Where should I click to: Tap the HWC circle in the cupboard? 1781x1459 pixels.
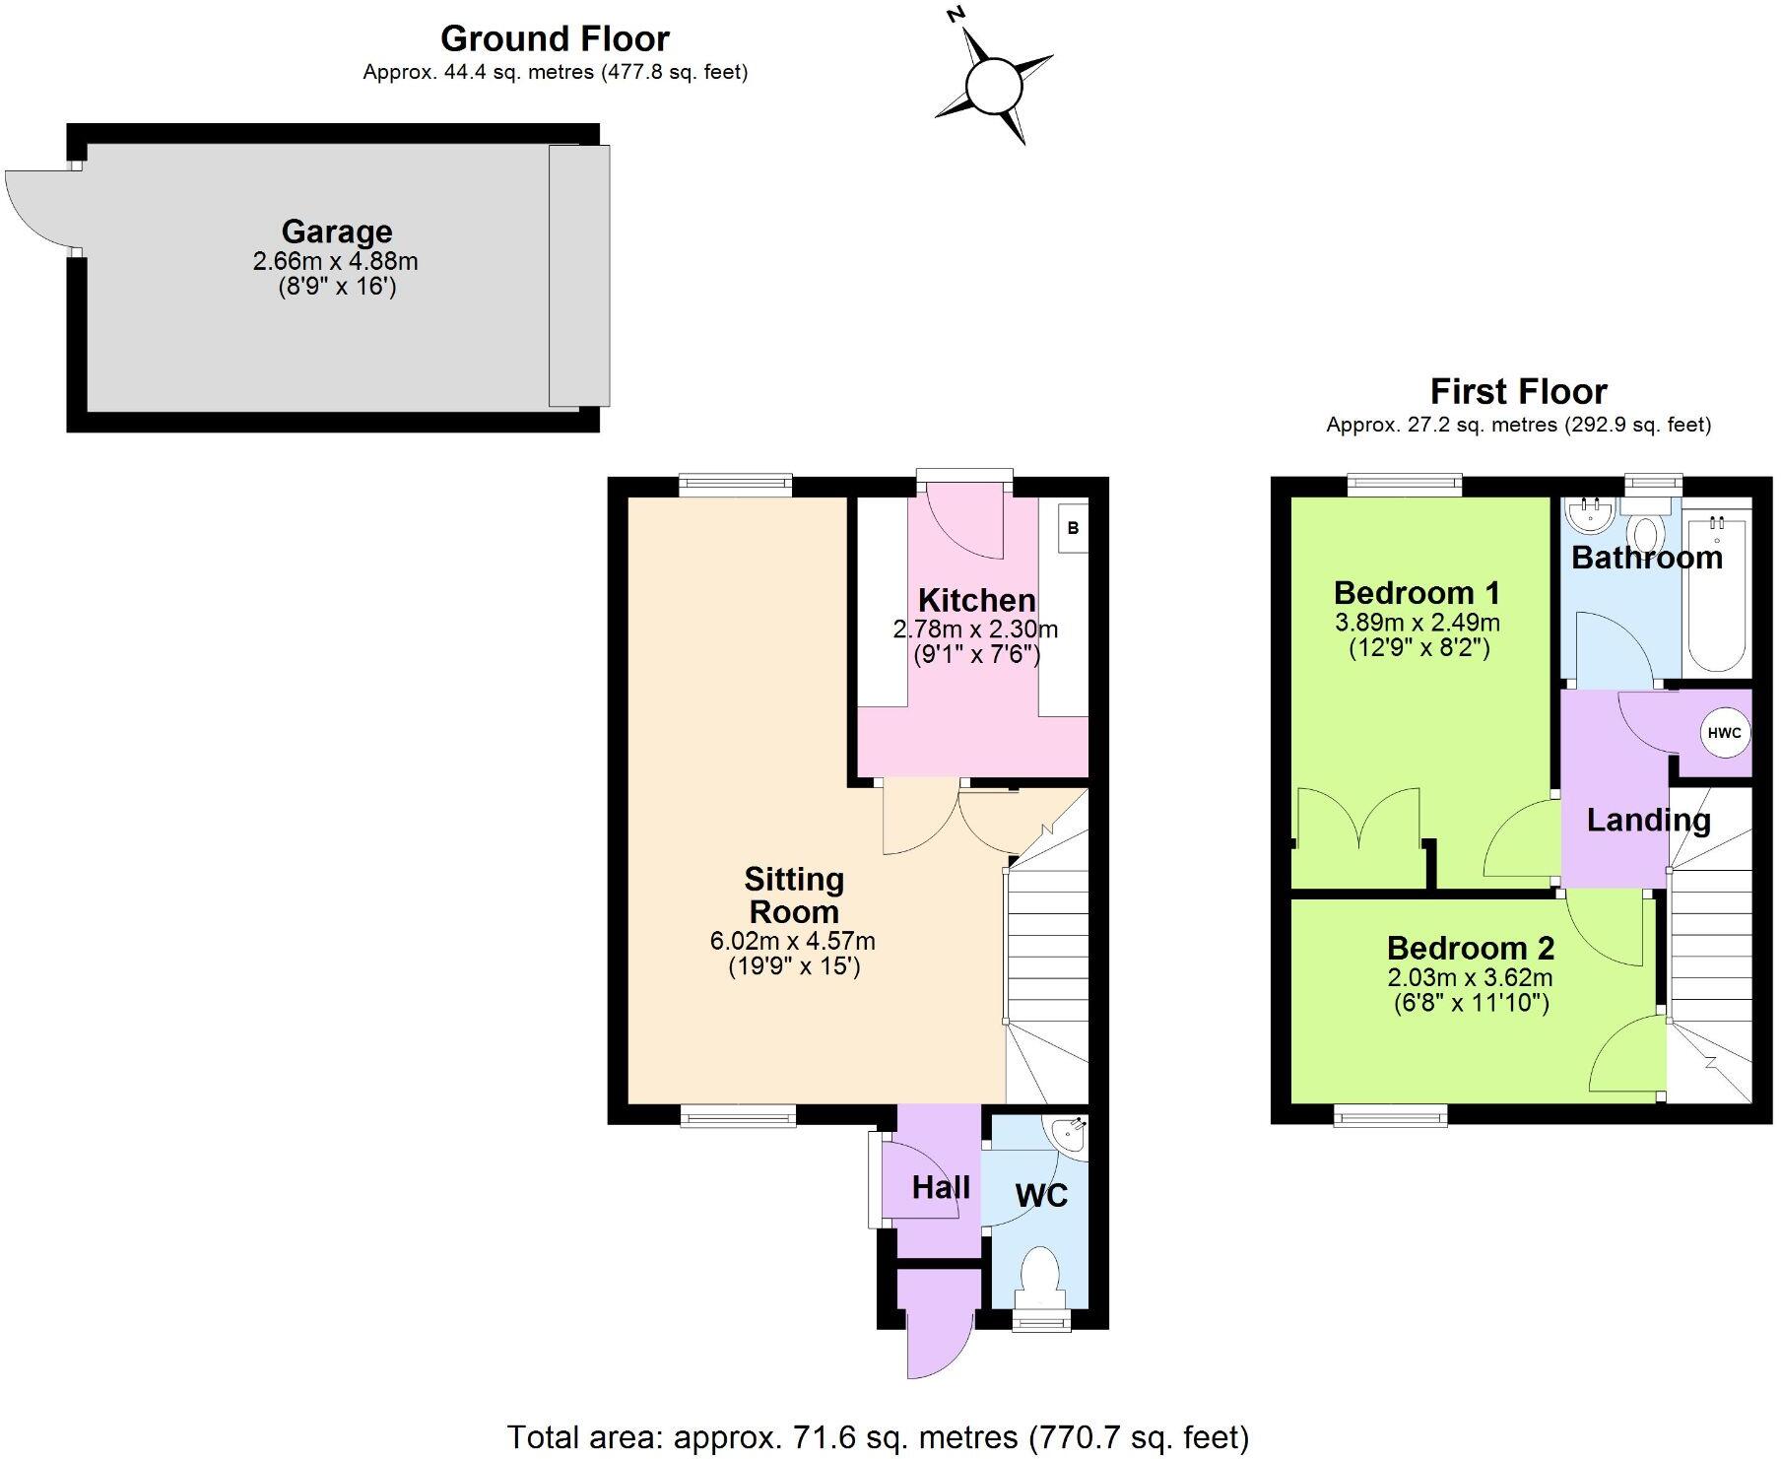tap(1724, 733)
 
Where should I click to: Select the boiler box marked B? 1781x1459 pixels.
tap(1073, 528)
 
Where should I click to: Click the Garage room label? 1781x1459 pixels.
tap(337, 232)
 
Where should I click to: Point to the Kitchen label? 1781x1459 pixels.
tap(976, 600)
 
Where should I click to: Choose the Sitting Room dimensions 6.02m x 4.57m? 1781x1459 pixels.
tap(793, 941)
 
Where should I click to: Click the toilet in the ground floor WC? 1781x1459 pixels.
tap(1039, 1277)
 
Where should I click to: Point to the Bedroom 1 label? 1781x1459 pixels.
tap(1417, 593)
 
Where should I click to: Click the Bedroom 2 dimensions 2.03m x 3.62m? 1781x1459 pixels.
tap(1470, 978)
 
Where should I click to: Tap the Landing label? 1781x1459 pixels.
tap(1648, 820)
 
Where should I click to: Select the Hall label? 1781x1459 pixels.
tap(941, 1188)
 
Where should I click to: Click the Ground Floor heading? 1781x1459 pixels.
tap(555, 38)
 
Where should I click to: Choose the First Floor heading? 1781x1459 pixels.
tap(1518, 392)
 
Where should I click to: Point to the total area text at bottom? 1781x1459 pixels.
tap(878, 1437)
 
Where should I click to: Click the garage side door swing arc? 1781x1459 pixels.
tap(39, 209)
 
